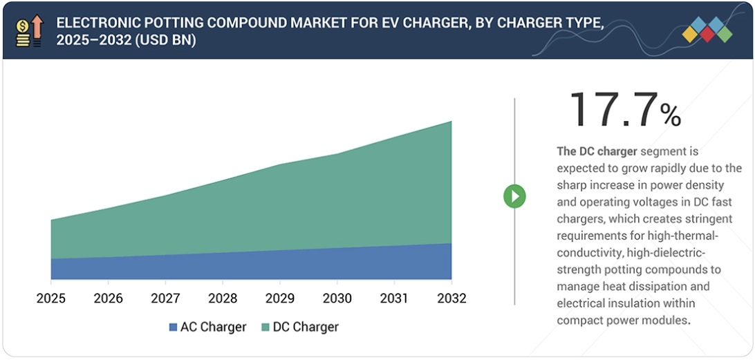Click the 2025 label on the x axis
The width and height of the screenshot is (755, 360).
pos(51,299)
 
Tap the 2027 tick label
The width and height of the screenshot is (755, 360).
pos(165,299)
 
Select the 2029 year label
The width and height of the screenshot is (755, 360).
pos(280,299)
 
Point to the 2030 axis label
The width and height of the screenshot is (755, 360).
pos(337,299)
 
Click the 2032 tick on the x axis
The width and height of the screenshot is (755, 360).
pos(451,299)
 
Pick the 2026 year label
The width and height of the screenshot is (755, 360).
pos(108,299)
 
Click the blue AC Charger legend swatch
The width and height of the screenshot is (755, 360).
pos(173,328)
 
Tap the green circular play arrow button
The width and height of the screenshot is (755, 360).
pos(514,196)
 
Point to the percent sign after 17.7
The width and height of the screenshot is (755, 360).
pos(670,115)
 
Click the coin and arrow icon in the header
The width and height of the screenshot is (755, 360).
pos(28,30)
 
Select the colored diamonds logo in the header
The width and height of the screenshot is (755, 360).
pos(707,30)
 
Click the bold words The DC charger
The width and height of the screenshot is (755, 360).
pos(597,151)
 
